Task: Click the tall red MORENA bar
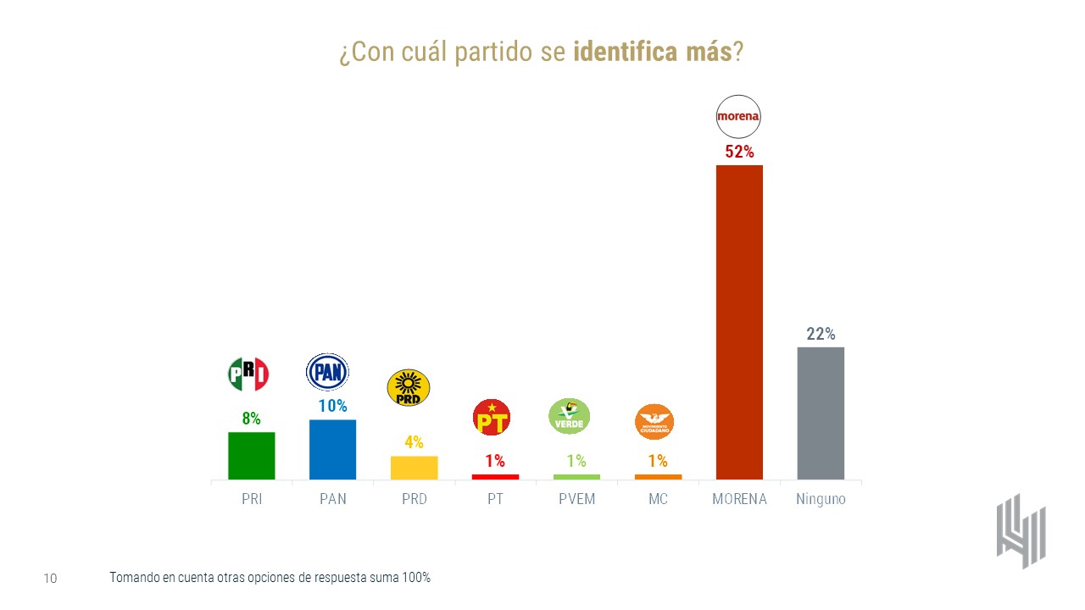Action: [739, 322]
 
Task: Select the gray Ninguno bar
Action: [821, 413]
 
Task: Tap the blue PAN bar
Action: [332, 449]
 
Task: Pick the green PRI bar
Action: [251, 456]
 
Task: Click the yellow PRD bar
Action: [414, 468]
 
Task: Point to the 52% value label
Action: [739, 152]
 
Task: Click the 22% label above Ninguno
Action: [821, 334]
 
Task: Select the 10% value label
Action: [332, 406]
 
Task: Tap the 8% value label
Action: [251, 419]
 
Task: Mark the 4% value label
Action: [414, 442]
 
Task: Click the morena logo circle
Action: [739, 116]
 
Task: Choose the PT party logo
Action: [495, 418]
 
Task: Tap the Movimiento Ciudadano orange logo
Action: [658, 421]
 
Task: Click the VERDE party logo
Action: [570, 416]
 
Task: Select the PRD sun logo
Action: [408, 387]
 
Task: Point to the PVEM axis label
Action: [576, 499]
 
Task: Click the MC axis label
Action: [658, 499]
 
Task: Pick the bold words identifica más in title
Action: [653, 53]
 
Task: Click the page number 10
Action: [50, 579]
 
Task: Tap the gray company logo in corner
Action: [1021, 530]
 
